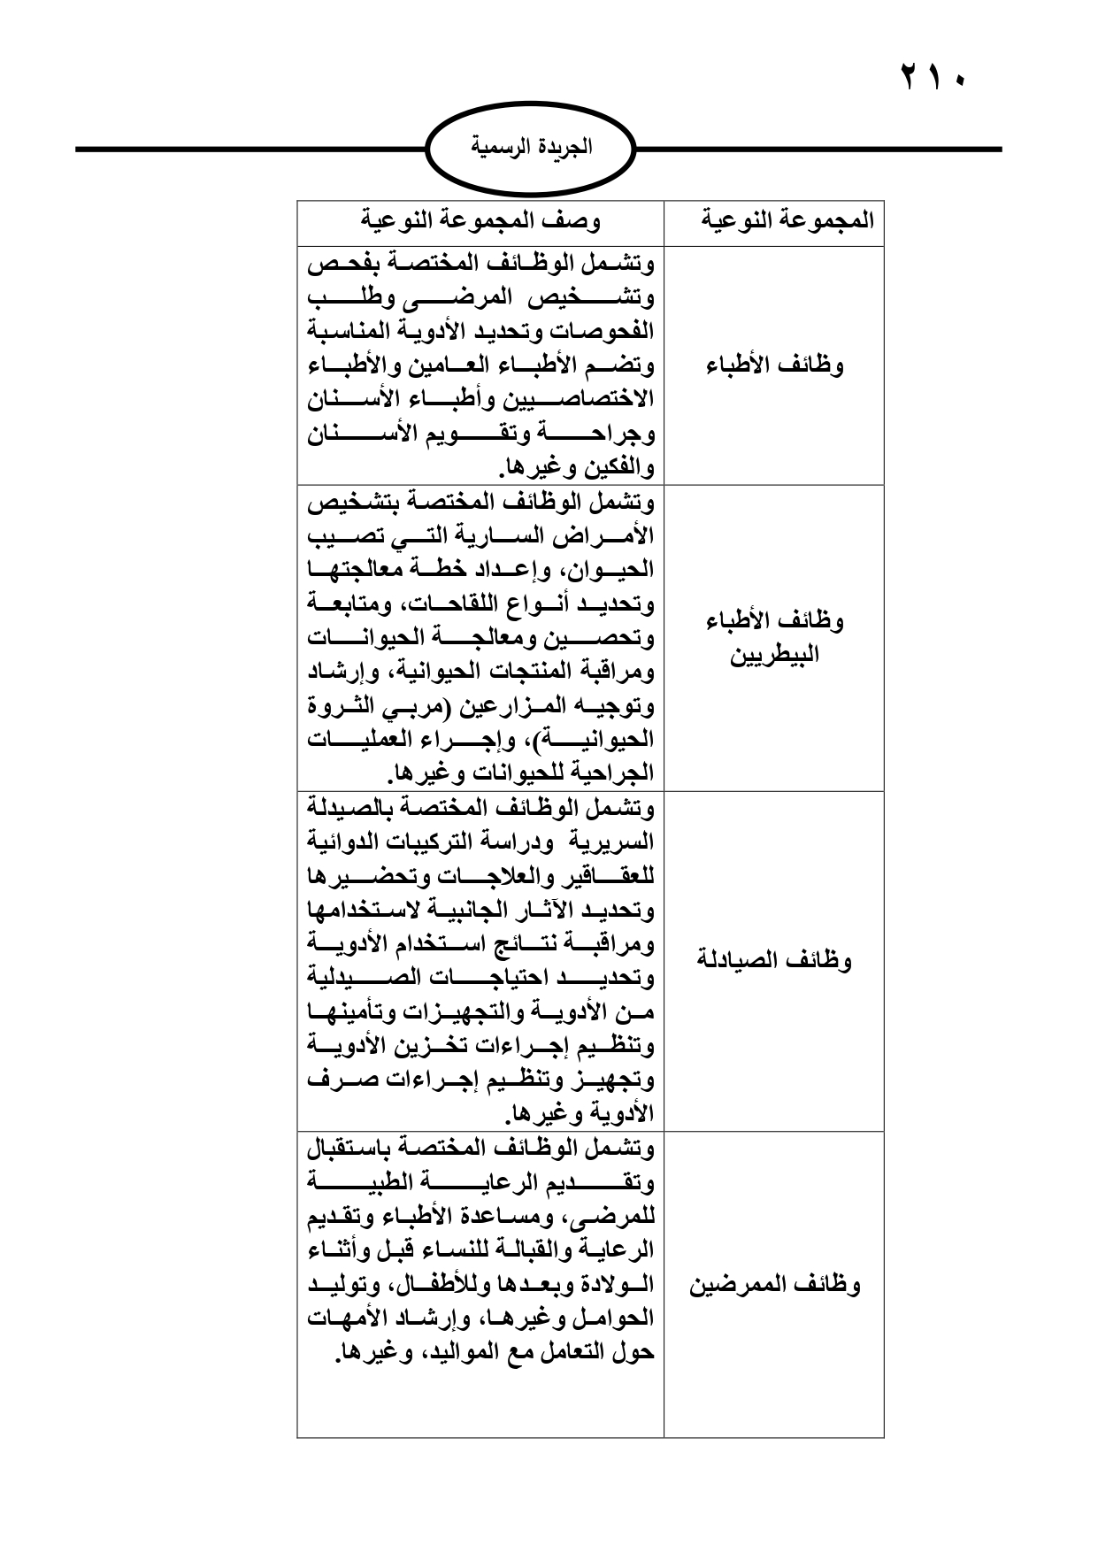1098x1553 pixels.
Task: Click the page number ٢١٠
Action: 934,76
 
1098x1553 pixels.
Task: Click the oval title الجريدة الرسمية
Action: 531,147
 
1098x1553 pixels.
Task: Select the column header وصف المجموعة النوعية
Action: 481,219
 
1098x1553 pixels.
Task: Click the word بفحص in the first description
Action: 342,264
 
